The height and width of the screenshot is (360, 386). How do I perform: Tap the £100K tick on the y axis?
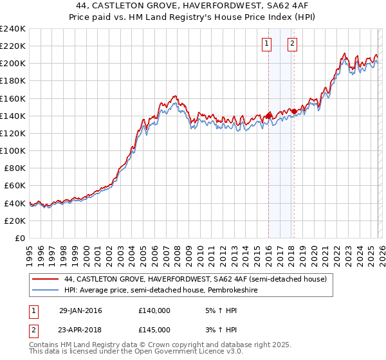click(13, 150)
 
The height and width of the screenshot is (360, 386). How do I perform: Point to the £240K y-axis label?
click(13, 29)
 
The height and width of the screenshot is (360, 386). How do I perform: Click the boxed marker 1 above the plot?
click(267, 44)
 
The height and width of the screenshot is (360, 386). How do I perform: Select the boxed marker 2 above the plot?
click(292, 44)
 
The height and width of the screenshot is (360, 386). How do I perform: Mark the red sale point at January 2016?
click(268, 116)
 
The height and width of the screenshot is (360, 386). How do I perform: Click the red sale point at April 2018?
click(294, 111)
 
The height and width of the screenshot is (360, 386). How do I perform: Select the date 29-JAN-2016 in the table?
click(80, 310)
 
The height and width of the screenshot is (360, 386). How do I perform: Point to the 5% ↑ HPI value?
click(220, 310)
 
